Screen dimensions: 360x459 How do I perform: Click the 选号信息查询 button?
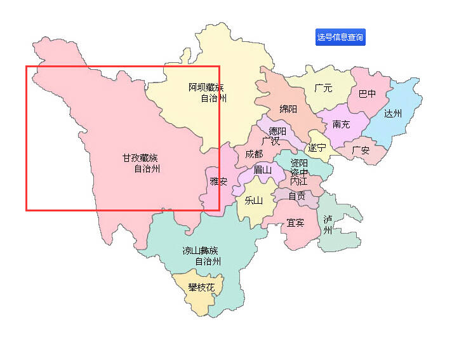340,37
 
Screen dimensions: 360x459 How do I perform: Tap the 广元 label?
323,88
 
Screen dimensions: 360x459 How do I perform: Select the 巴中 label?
367,94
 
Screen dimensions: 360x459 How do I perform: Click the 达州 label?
393,114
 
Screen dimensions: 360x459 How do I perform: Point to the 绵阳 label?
288,109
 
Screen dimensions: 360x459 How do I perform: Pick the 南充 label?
341,124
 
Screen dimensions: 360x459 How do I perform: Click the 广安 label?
361,150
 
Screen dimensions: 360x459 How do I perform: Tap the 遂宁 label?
317,148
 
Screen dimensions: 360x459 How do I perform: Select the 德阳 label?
277,131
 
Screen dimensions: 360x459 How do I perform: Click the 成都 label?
254,154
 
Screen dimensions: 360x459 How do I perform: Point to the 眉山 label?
262,170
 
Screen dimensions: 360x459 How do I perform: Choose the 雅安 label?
218,182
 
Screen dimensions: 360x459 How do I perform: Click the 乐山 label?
253,201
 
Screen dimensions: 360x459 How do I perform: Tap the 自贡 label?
296,196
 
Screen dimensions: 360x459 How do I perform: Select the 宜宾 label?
295,223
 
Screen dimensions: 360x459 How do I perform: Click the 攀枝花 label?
201,288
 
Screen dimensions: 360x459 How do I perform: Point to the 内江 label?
298,182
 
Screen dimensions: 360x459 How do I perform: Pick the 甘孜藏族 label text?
140,158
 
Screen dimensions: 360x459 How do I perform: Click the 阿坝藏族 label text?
206,87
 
